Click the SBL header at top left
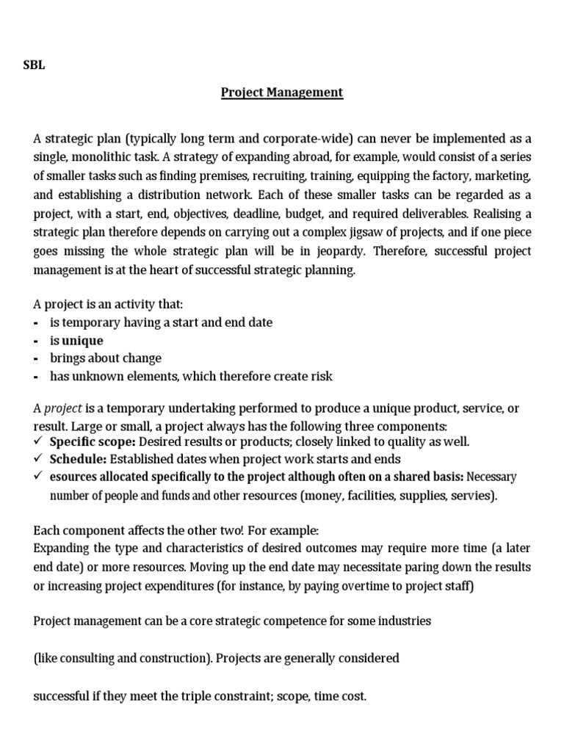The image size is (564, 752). click(34, 65)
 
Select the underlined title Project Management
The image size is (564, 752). click(283, 93)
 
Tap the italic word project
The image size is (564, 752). click(64, 408)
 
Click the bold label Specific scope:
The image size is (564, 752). click(93, 441)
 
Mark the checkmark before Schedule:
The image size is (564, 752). click(39, 459)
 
